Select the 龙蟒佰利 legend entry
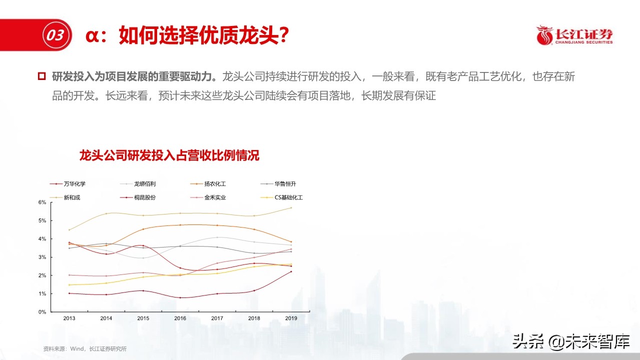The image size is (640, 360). (145, 184)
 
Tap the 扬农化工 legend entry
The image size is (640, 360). (215, 184)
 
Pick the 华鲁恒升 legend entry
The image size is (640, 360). (285, 184)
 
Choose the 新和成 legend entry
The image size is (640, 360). (72, 197)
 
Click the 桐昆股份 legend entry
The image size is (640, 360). (145, 197)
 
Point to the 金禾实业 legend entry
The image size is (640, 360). (215, 197)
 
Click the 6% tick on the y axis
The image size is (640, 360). (42, 202)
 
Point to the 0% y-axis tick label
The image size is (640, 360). (42, 312)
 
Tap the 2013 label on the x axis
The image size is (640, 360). (69, 318)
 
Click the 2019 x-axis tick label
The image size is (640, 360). (291, 318)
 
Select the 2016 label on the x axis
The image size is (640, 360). (180, 318)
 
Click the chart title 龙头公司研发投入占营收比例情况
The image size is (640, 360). (169, 155)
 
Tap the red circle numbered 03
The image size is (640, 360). (56, 35)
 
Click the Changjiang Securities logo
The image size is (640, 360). (574, 35)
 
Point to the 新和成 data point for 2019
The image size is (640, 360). (291, 208)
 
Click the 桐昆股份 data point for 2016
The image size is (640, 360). (180, 297)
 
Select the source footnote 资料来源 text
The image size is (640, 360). (85, 348)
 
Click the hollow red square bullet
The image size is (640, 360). (43, 76)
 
